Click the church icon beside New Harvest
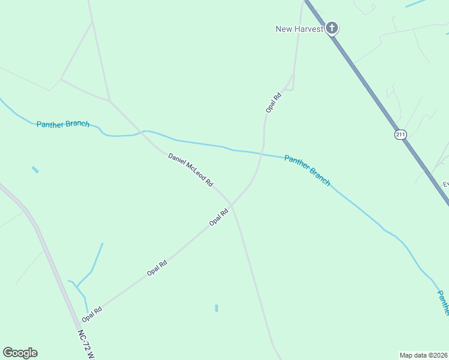pos(332,28)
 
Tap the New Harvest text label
pos(300,29)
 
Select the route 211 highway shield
pos(400,134)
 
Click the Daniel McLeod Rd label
pos(190,170)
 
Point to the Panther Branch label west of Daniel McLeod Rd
pos(63,124)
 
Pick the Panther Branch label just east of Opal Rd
pos(307,170)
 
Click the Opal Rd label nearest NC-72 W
pos(92,313)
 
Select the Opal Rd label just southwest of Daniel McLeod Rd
pos(219,217)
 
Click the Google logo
pos(20,353)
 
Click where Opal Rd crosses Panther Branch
pos(262,152)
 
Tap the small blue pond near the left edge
pos(35,170)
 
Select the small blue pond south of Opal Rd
pos(216,308)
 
